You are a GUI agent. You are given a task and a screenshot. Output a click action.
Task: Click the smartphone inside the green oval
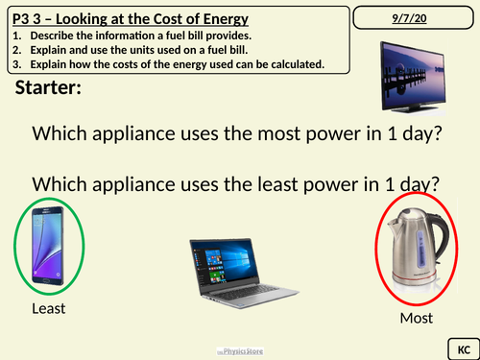click(48, 246)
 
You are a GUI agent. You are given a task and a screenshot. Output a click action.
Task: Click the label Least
click(48, 308)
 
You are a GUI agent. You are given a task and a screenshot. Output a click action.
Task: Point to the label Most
click(417, 318)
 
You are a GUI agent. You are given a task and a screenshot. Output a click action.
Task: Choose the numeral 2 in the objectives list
click(17, 51)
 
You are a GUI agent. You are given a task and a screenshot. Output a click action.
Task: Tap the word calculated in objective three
click(290, 64)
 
